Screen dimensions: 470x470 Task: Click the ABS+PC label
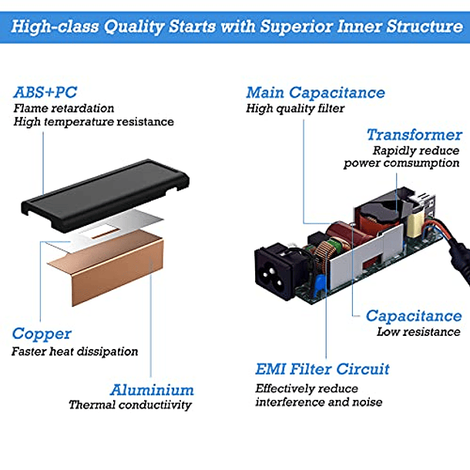45,92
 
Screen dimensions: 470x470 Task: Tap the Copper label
42,334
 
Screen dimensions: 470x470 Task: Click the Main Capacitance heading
315,92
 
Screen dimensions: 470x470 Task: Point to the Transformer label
414,134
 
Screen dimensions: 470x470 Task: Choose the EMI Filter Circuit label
322,369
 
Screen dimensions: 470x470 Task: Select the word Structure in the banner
422,27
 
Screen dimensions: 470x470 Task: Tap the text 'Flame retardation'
63,109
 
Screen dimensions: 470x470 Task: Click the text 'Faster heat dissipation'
75,351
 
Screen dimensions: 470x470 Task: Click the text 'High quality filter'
295,109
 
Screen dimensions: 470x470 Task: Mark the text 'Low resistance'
418,332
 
